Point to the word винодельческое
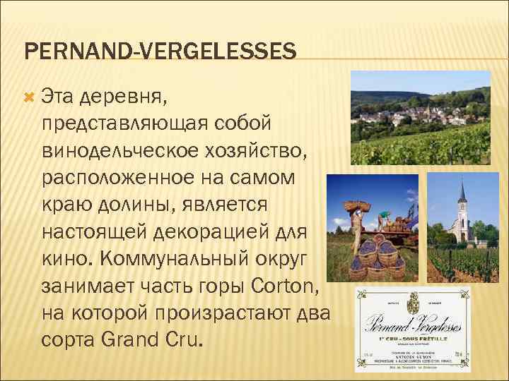117,150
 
